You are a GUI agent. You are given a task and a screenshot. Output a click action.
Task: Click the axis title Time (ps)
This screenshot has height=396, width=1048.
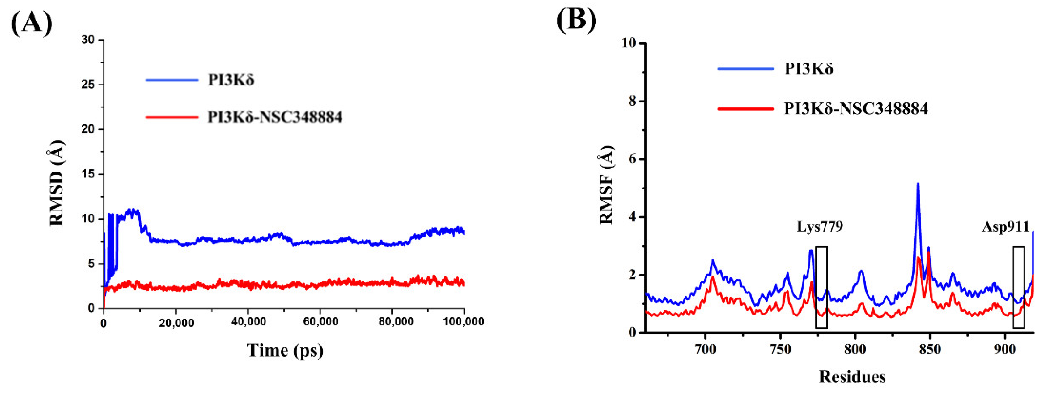[x=285, y=350]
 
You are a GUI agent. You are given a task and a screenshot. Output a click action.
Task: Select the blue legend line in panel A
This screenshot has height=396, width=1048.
[x=172, y=80]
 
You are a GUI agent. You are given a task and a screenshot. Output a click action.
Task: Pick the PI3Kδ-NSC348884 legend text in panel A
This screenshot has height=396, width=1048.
[x=275, y=117]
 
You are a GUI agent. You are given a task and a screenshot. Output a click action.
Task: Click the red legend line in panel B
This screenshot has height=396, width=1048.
[x=745, y=109]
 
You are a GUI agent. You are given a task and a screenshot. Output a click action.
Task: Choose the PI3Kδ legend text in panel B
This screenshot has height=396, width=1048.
[x=808, y=69]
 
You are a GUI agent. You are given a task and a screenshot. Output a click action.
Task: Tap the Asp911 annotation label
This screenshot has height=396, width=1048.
[x=1006, y=227]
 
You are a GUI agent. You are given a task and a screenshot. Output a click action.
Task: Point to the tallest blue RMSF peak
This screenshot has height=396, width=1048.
[x=918, y=185]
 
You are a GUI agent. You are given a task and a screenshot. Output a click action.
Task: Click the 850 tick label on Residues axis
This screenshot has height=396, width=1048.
[x=930, y=350]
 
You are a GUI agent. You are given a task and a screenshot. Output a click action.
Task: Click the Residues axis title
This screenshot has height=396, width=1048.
[x=852, y=377]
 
